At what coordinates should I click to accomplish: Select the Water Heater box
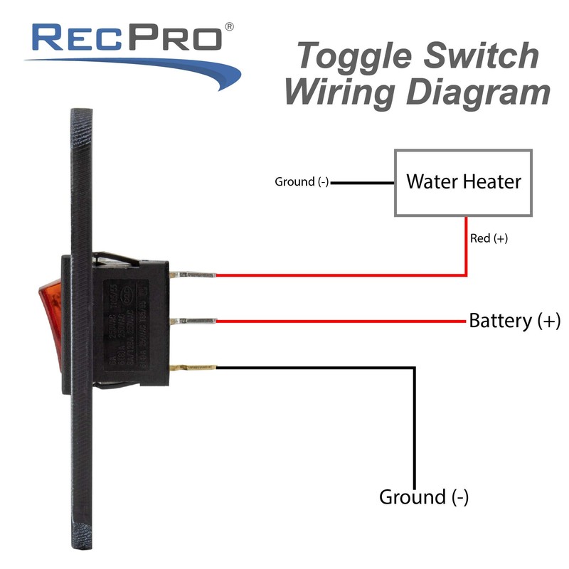click(463, 182)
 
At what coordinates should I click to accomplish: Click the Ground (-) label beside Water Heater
click(302, 182)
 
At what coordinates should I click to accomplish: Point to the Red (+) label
click(489, 238)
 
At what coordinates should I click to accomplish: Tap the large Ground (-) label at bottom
click(424, 496)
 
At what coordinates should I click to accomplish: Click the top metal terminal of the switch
click(198, 275)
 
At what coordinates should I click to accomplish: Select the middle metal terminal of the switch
click(198, 321)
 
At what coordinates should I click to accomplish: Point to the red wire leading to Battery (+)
click(341, 321)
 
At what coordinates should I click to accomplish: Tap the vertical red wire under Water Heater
click(466, 245)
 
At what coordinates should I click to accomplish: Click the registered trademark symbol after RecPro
click(229, 26)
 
